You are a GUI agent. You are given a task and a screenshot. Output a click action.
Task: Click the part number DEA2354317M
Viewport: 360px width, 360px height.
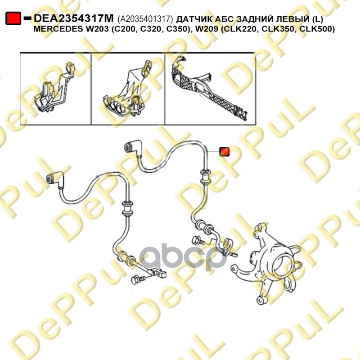pos(74,18)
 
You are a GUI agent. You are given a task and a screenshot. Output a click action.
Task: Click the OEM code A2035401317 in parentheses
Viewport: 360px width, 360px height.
pos(145,19)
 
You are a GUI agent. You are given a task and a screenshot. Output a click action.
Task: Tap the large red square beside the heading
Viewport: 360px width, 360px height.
pos(13,18)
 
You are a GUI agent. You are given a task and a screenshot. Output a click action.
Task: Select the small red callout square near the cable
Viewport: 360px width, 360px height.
pos(224,152)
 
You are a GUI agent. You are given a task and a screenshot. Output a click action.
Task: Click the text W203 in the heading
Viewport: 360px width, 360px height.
pos(94,29)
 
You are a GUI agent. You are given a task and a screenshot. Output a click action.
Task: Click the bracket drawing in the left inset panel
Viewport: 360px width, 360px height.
pos(55,88)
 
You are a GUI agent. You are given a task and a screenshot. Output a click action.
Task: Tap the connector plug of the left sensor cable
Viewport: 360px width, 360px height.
pos(54,178)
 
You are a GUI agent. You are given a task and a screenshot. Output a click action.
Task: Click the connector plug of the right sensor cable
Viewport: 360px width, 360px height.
pos(133,147)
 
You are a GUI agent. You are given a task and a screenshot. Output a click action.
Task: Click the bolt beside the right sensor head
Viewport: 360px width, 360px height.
pos(198,241)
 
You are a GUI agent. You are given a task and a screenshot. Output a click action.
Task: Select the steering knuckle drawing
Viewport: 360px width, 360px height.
pos(267,264)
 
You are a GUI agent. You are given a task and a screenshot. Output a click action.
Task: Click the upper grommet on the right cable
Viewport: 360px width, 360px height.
pos(206,176)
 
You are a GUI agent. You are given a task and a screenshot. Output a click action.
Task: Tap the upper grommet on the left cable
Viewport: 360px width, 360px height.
pos(127,208)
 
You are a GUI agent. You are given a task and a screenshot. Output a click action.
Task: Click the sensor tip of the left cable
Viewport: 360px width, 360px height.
pos(158,273)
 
